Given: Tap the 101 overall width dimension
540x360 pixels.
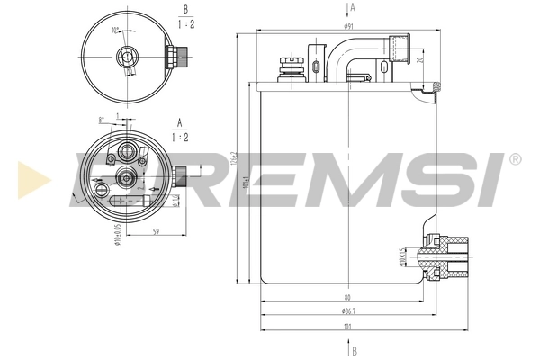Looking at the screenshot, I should pos(347,327).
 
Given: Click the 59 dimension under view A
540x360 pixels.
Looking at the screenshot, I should pos(157,231).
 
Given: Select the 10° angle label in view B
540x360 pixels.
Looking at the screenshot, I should pos(114,31).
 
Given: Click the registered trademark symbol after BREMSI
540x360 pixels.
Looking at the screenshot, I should pos(514,159).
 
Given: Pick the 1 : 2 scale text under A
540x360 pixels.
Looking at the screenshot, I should pos(180,139).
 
